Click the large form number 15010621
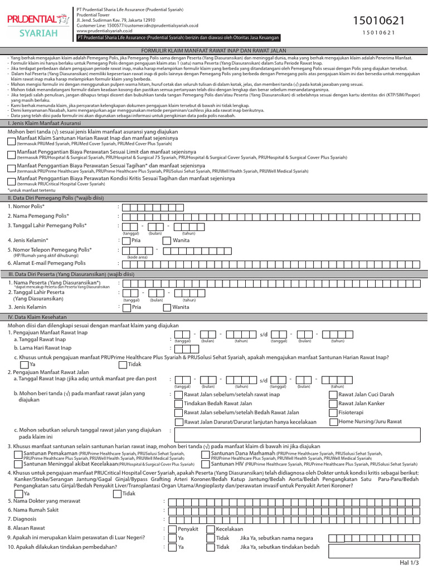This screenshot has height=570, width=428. click(x=379, y=21)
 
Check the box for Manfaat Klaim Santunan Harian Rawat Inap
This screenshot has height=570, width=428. click(x=12, y=142)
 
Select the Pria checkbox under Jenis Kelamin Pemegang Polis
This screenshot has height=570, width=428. click(x=127, y=241)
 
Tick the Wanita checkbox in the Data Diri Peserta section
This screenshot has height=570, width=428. click(x=167, y=307)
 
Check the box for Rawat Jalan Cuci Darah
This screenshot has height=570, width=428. click(x=333, y=395)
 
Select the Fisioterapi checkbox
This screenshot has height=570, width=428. click(x=333, y=412)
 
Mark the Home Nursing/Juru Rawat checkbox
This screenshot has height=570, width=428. click(x=333, y=422)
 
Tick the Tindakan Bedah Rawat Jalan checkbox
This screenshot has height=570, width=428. click(x=179, y=404)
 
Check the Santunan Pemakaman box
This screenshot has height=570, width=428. click(x=18, y=454)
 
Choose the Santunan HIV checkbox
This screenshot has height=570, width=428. click(x=205, y=463)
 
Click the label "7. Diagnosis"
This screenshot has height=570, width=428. click(x=22, y=519)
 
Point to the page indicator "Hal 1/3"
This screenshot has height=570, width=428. click(x=408, y=563)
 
